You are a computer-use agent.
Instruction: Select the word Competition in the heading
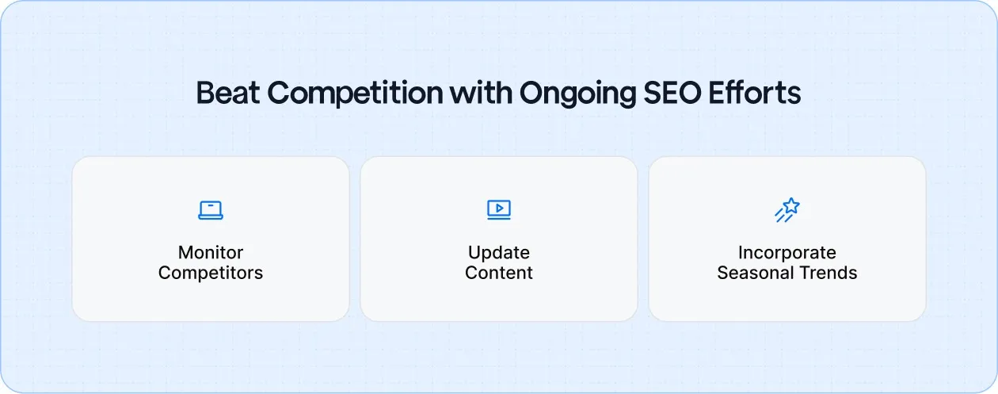354,93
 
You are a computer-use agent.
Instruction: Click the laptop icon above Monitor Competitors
211,209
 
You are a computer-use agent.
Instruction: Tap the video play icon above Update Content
499,209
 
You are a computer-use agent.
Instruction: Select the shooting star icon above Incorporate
787,209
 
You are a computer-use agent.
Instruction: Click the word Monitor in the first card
211,253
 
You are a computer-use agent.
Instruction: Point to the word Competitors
211,274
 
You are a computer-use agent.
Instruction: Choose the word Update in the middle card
499,253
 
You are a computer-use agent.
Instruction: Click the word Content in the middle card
499,274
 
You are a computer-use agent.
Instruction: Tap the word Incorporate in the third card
787,253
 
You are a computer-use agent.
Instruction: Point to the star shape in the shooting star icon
791,206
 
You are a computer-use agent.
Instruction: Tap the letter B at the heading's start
204,93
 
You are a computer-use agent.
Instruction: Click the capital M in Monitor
185,253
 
